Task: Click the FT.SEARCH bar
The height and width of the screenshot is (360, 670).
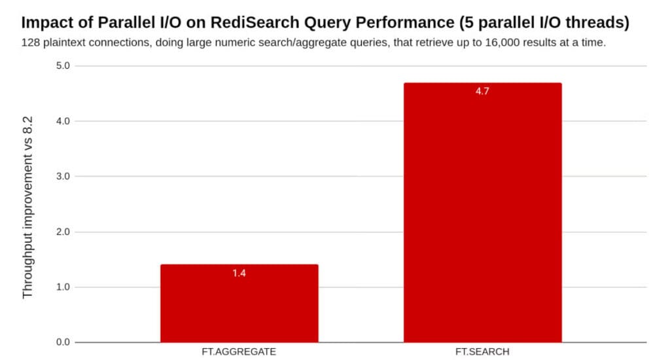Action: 482,213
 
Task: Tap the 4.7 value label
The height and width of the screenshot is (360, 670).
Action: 482,92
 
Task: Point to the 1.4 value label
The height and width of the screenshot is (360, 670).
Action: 239,273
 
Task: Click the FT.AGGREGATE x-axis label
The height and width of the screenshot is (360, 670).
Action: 239,351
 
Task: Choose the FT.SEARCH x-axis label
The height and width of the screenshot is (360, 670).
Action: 482,351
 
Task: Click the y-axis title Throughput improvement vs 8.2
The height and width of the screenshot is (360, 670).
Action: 27,204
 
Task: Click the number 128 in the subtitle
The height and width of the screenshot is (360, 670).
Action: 31,43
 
